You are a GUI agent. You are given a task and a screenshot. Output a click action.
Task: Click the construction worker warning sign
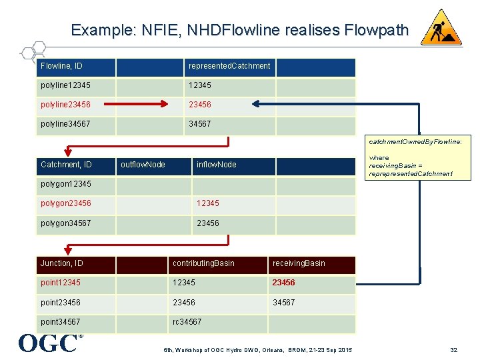point(441,28)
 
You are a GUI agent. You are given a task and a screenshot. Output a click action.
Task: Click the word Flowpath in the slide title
point(377,30)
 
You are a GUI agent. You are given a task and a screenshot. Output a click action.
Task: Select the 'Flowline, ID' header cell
point(66,66)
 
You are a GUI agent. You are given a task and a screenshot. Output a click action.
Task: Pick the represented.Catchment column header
point(229,66)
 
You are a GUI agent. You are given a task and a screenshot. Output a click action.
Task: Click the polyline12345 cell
point(66,86)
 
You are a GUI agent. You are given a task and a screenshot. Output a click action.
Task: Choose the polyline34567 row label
point(66,124)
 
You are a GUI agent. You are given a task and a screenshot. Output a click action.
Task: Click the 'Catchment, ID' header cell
point(66,165)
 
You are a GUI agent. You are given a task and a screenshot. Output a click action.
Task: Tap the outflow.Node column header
point(143,165)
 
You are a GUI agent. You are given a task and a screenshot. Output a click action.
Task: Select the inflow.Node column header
point(216,165)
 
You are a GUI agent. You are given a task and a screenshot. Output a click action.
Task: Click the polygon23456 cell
point(66,203)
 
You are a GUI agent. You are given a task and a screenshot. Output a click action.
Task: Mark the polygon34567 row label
point(66,223)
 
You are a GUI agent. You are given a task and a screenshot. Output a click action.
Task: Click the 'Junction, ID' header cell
point(62,263)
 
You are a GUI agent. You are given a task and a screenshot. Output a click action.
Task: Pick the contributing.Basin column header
point(203,263)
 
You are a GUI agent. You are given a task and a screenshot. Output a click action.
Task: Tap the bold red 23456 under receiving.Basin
point(283,283)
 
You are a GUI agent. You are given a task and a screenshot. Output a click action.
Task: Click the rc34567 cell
point(187,323)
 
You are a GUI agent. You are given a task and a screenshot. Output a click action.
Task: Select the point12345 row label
point(61,283)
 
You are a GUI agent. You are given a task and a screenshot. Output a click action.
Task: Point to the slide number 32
point(453,349)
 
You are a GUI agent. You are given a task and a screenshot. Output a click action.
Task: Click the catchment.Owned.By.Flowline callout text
point(415,142)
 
